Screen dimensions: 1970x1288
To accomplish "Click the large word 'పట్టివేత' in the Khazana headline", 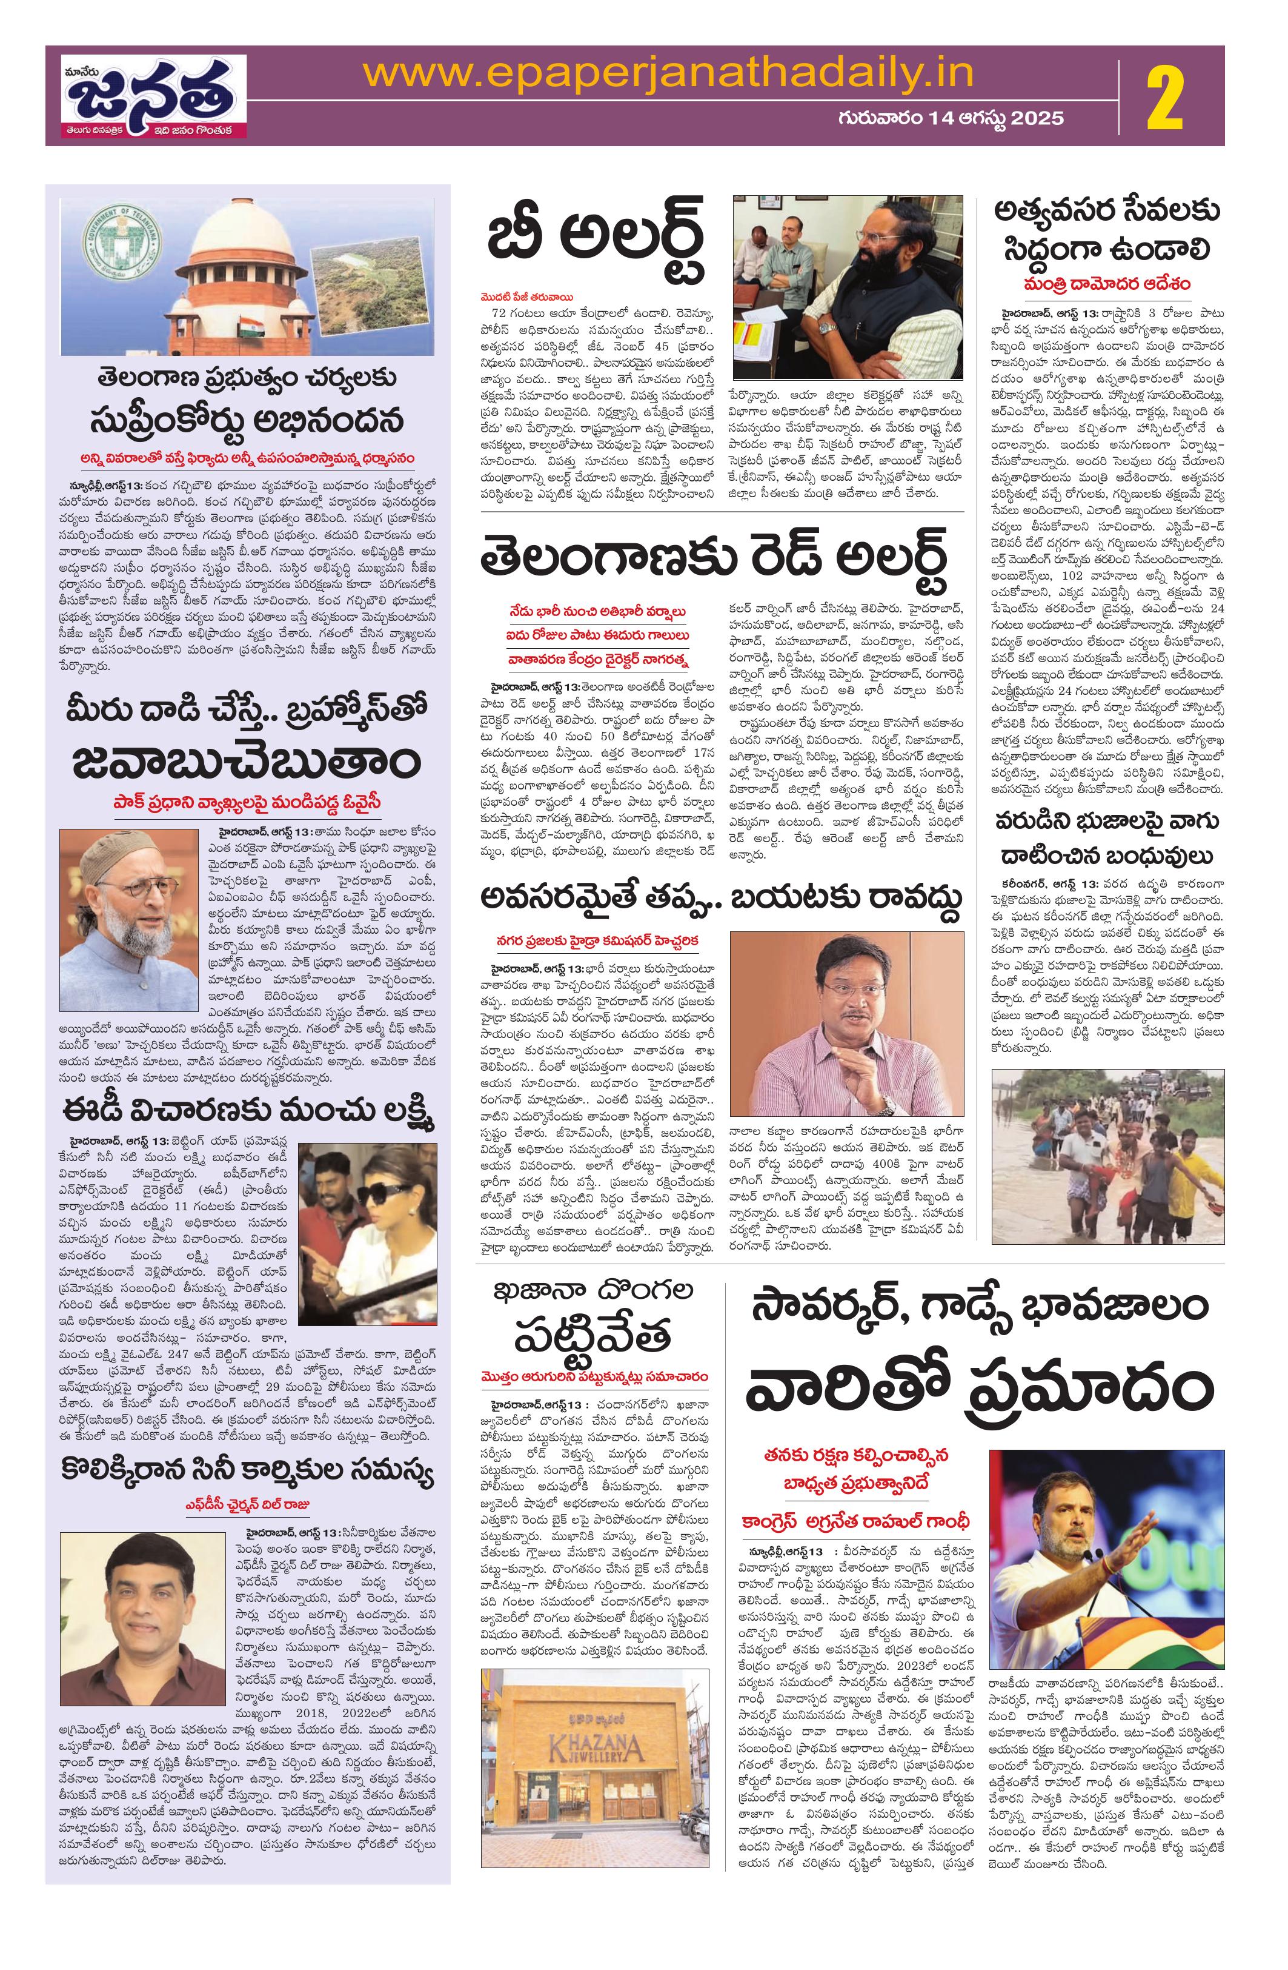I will click(x=591, y=1332).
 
